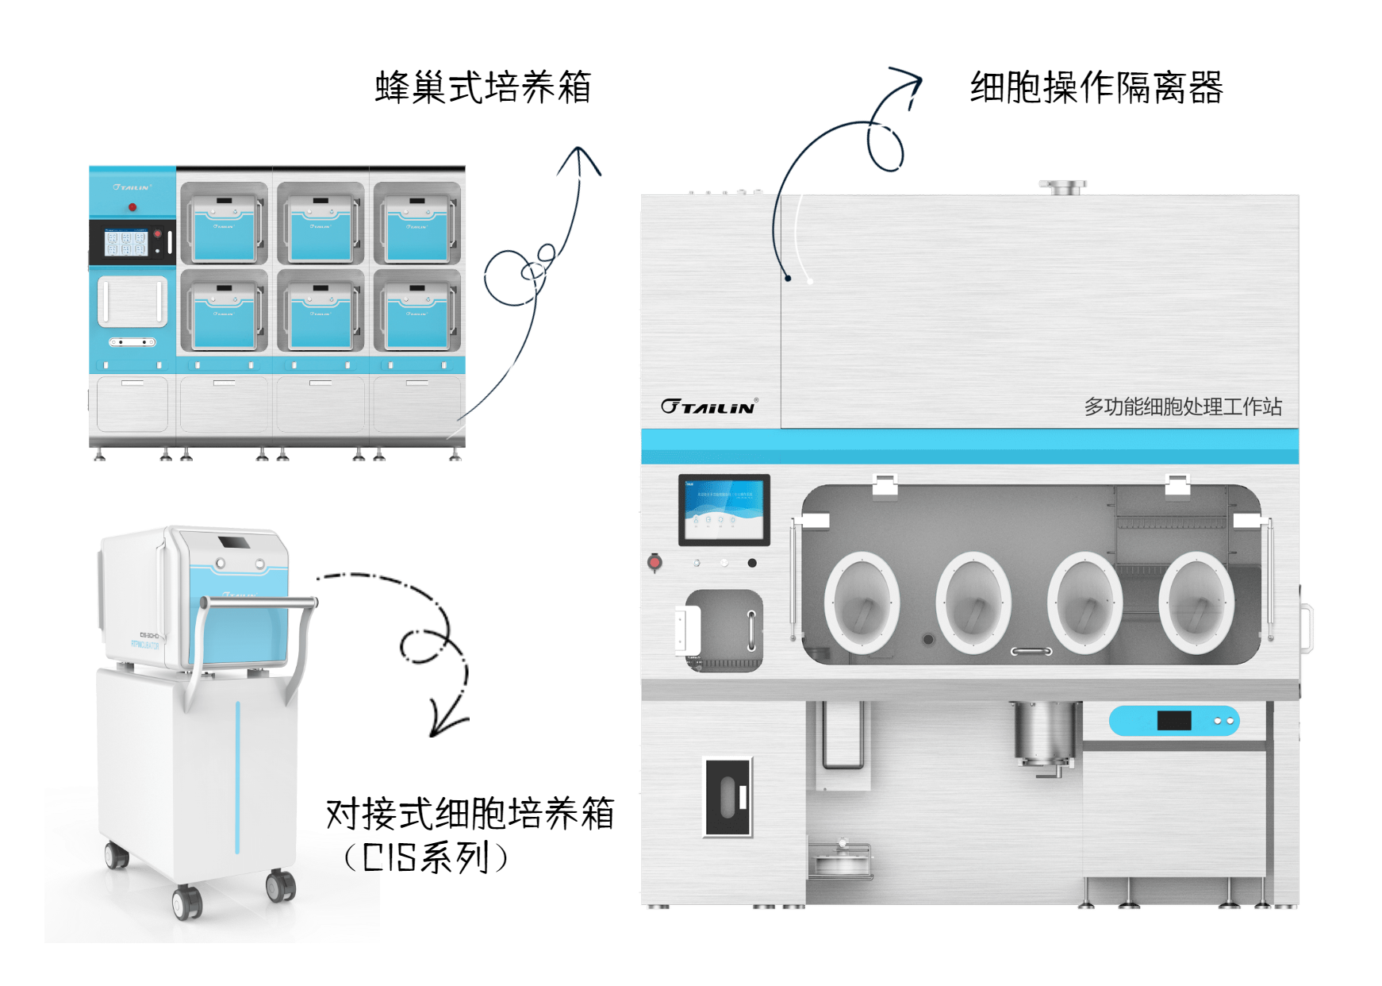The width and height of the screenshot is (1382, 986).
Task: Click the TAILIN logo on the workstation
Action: click(708, 406)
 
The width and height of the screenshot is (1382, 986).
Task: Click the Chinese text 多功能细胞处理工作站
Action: click(1182, 406)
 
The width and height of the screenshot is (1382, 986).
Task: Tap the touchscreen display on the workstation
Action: click(724, 510)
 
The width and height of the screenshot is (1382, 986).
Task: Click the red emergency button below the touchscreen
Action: click(655, 562)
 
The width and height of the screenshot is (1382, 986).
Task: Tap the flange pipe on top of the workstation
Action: click(1062, 188)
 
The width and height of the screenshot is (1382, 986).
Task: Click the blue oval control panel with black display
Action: click(1173, 721)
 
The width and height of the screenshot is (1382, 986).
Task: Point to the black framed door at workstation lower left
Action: click(727, 797)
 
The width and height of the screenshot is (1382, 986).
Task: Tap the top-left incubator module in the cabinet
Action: click(224, 224)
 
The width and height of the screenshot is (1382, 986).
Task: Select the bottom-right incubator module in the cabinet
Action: click(417, 311)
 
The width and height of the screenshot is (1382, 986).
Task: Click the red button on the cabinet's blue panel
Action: click(132, 207)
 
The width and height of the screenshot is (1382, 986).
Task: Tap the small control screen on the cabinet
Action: click(127, 243)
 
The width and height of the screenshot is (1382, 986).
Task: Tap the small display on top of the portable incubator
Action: click(232, 543)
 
